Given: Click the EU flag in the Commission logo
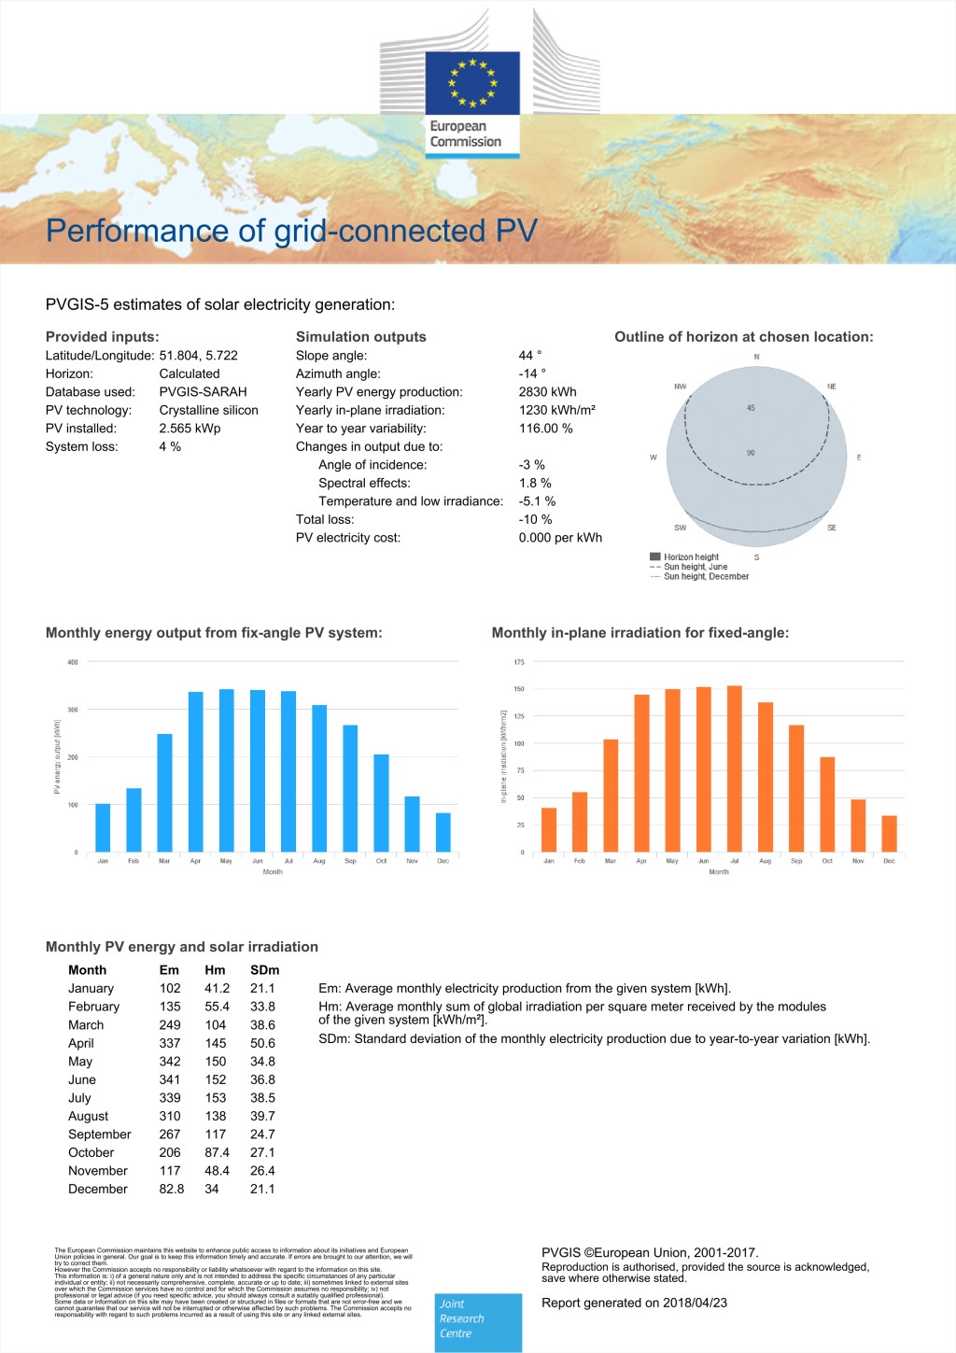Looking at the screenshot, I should tap(472, 83).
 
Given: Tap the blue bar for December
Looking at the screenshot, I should tap(443, 832).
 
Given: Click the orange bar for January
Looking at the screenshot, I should tap(549, 829).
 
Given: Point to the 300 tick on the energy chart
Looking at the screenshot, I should tap(73, 710).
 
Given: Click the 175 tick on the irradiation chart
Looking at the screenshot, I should tap(519, 662).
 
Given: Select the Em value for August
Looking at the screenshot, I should tap(170, 1116).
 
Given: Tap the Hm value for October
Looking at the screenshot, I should tap(217, 1152).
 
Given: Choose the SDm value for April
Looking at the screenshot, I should tap(262, 1043).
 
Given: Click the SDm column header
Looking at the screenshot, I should tap(264, 970).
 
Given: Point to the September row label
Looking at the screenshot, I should tap(100, 1135).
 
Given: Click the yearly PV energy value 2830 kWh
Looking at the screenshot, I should tap(547, 392).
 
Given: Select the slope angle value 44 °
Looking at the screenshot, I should tap(529, 356).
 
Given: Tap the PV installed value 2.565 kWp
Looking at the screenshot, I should tap(190, 429).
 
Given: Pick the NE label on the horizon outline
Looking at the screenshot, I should tap(831, 387).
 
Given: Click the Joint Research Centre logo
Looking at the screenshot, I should tap(479, 1321).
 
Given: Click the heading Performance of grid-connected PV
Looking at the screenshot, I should tap(291, 231).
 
